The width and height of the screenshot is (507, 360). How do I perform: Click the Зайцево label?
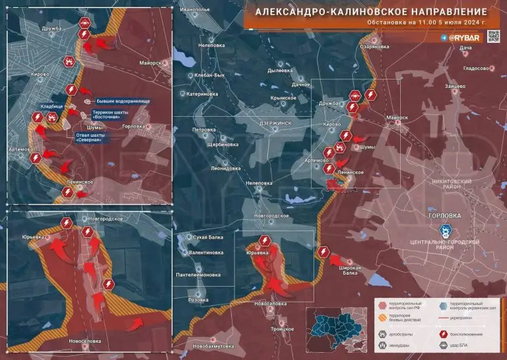(456, 87)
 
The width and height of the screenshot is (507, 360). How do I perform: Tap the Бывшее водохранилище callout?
(123, 101)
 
